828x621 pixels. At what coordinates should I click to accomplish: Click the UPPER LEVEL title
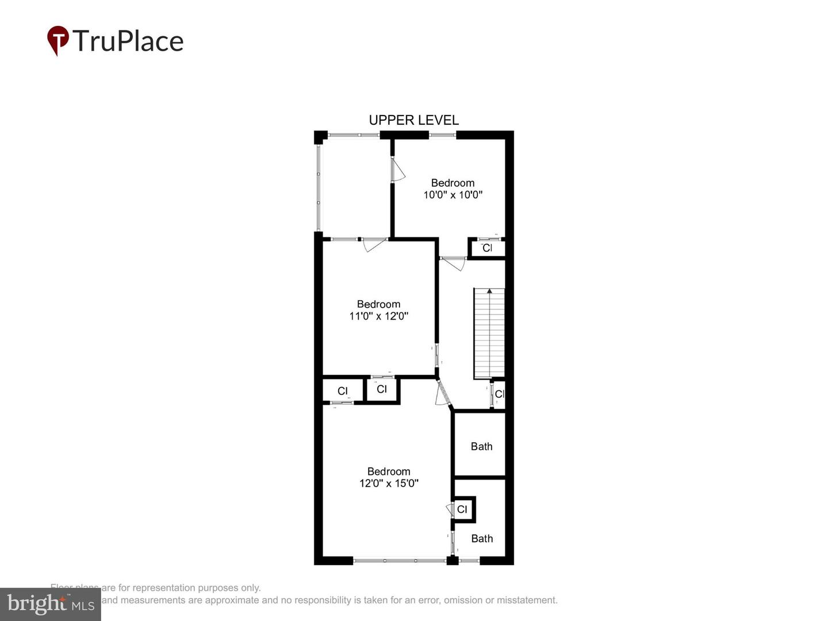point(413,120)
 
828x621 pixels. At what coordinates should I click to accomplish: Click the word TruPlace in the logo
point(128,41)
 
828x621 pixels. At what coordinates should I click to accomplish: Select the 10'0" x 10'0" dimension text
point(453,195)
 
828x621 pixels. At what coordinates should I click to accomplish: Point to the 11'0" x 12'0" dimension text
point(378,316)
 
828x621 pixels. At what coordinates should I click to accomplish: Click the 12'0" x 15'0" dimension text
point(389,484)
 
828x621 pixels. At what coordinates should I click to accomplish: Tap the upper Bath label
point(481,446)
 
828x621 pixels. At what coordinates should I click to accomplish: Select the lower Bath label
point(482,539)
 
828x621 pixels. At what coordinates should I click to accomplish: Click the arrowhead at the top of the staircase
point(489,292)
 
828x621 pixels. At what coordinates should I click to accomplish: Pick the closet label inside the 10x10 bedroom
point(487,248)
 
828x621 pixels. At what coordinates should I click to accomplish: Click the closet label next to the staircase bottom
point(499,394)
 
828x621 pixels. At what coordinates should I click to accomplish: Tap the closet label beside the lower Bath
point(462,509)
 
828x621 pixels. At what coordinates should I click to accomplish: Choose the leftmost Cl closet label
point(343,391)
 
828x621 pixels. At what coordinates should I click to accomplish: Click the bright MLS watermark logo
point(51,604)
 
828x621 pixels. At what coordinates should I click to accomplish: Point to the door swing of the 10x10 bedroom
point(398,170)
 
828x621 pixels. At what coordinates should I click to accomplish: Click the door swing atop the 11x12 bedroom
point(374,245)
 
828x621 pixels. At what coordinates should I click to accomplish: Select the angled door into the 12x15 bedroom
point(442,394)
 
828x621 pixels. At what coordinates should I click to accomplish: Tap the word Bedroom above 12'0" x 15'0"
point(389,471)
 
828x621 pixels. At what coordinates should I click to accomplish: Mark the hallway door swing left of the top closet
point(453,263)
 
